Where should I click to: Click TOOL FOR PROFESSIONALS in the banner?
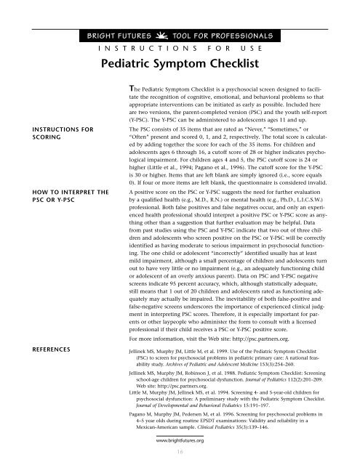point(222,35)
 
